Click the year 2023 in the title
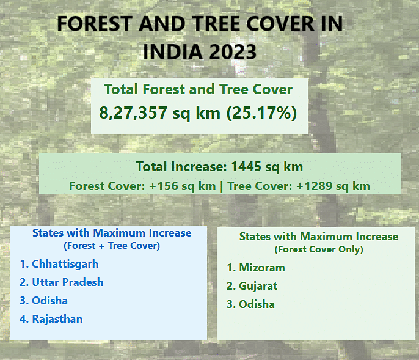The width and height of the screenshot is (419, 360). pos(233,51)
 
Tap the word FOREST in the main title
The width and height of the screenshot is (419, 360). pos(95,24)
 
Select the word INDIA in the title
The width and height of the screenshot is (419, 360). pos(173,51)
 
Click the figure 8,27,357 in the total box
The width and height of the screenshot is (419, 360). pos(133,112)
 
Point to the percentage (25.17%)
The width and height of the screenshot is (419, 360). pos(261,113)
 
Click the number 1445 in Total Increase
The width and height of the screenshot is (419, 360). pos(246,167)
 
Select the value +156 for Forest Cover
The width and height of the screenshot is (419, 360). pos(164,186)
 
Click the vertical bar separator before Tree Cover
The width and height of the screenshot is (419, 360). pos(222,186)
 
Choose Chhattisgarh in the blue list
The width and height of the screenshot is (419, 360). pos(65,264)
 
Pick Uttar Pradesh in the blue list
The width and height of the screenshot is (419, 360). pos(68,282)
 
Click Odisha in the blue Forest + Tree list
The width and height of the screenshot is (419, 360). pos(49,301)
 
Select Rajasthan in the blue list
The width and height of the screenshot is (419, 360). pos(57,319)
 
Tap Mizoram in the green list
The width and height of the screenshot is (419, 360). pos(262,268)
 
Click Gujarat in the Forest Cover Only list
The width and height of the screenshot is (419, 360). pos(258,286)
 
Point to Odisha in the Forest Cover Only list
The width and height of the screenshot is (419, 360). pos(257,304)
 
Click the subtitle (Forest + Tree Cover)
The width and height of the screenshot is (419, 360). pos(112,246)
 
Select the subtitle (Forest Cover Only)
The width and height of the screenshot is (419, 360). pos(319,249)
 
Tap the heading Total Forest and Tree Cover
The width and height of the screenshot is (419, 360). pos(199,89)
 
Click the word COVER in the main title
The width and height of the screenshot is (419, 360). pos(280,24)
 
